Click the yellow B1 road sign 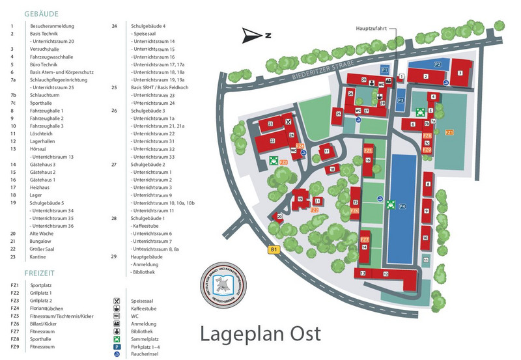click(274, 248)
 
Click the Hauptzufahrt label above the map click(371, 29)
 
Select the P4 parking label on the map click(402, 207)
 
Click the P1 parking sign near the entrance click(384, 69)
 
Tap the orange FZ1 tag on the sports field click(449, 133)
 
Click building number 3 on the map click(460, 73)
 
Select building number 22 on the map click(273, 141)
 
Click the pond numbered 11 click(425, 260)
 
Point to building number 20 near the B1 click(279, 216)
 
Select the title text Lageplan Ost click(260, 333)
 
